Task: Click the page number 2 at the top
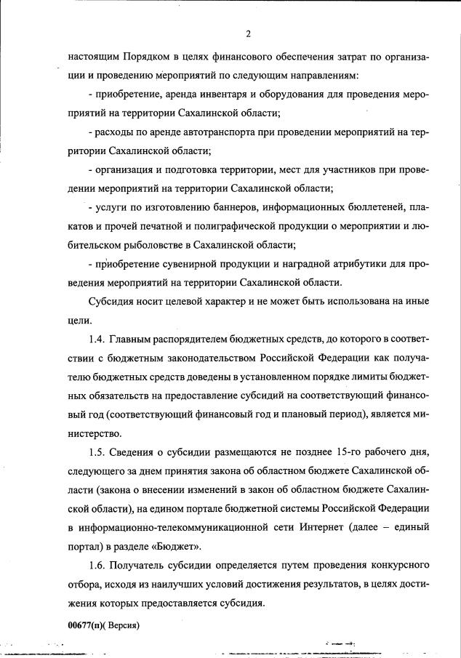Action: coord(249,34)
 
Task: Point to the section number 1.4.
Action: coord(97,339)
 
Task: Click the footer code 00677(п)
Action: coord(85,624)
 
